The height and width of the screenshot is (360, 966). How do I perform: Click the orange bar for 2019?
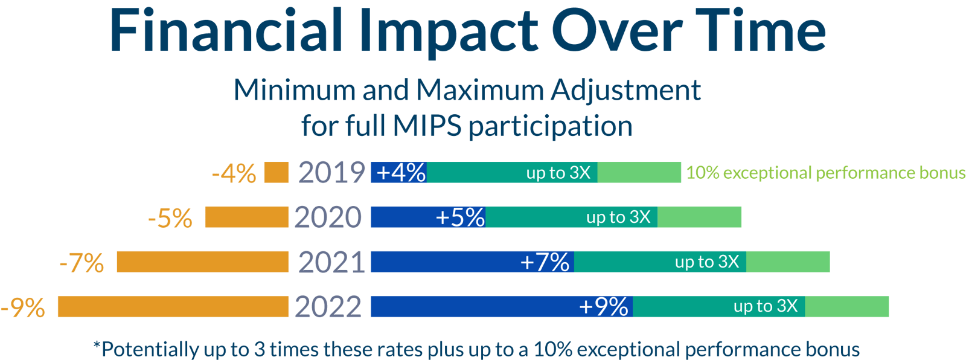[x=277, y=173]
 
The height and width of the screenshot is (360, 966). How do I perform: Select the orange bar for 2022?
[x=173, y=307]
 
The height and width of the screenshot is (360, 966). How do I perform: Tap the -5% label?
[x=170, y=218]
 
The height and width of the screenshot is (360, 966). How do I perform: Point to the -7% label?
[x=82, y=263]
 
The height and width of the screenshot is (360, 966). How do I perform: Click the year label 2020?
[x=328, y=217]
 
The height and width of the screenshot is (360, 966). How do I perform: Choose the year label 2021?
[x=331, y=262]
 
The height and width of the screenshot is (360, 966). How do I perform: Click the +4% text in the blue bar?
[x=400, y=173]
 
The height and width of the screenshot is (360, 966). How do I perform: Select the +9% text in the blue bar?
[x=603, y=307]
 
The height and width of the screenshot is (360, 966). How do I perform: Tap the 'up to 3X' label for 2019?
[x=558, y=173]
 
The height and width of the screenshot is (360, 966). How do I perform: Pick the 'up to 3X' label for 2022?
[x=765, y=306]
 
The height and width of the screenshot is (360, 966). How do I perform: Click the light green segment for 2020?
[x=699, y=217]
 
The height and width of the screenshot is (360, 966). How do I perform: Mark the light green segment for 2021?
[x=788, y=262]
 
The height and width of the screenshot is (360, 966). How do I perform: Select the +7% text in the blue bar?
[x=545, y=262]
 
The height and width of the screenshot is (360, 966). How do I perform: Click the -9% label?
[x=23, y=307]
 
